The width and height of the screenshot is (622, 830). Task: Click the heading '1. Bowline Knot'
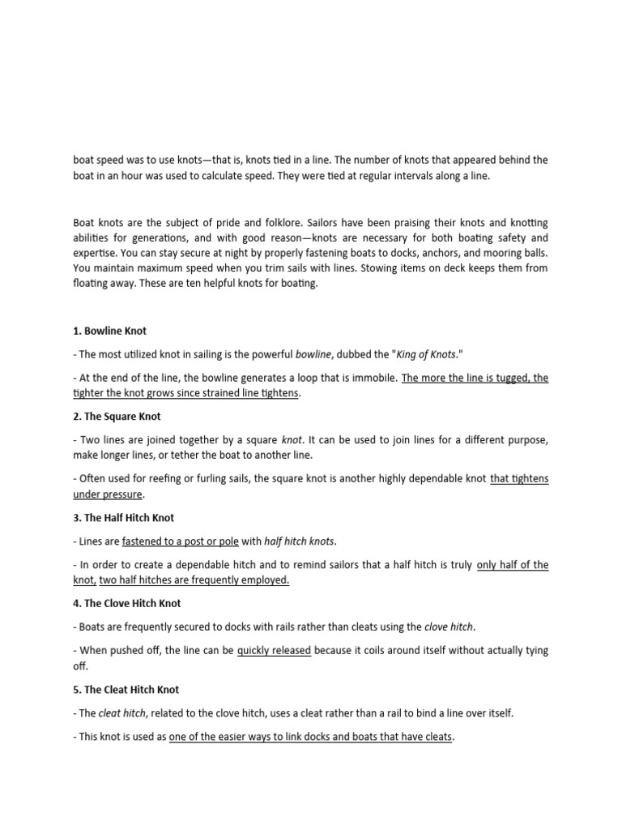point(109,331)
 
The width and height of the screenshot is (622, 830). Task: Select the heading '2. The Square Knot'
point(117,417)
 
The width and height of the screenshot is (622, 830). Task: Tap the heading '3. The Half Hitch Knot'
point(123,518)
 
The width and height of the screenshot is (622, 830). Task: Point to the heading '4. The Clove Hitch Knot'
point(126,603)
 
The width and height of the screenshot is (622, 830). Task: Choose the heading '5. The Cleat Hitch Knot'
point(126,690)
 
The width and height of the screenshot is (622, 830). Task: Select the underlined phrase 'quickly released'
point(274,651)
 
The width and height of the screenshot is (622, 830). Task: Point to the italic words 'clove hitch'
point(449,627)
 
